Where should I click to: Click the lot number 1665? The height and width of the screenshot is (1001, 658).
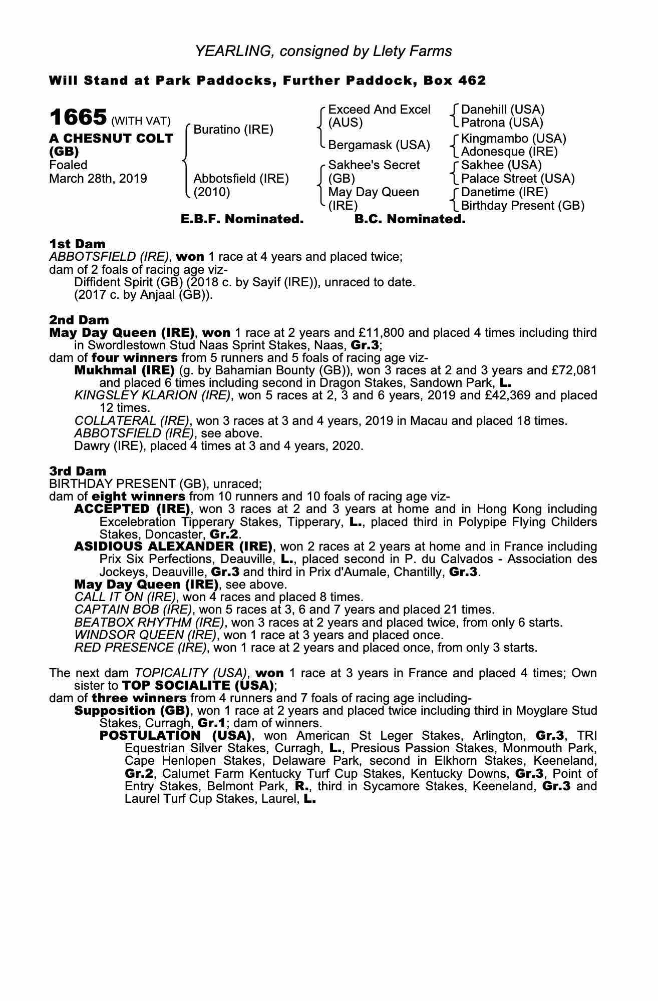coord(78,118)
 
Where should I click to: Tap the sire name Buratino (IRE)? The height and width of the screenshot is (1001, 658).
coord(233,130)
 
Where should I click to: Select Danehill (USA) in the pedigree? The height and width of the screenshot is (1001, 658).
coord(502,110)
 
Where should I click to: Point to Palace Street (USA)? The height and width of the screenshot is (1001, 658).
coord(517,179)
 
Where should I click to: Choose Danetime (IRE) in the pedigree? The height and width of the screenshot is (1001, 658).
coord(504,192)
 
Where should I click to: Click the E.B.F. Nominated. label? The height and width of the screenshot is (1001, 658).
coord(242,219)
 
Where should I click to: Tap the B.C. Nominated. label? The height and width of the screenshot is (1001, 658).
coord(410,219)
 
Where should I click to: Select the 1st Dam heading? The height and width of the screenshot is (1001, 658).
coord(77,244)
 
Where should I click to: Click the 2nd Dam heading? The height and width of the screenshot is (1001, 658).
coord(79,320)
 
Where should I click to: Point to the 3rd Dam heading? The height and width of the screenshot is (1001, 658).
coord(78,471)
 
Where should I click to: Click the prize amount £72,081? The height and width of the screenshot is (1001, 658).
coord(574,370)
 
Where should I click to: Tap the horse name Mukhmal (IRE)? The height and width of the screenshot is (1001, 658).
coord(124,370)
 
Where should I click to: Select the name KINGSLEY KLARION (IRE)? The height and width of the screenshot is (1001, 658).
coord(153,395)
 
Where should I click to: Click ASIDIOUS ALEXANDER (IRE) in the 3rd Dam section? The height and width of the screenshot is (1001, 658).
coord(173,546)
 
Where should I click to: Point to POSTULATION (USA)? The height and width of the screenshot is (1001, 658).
coord(175,736)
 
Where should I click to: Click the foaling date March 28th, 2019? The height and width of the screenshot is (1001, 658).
coord(98,179)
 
